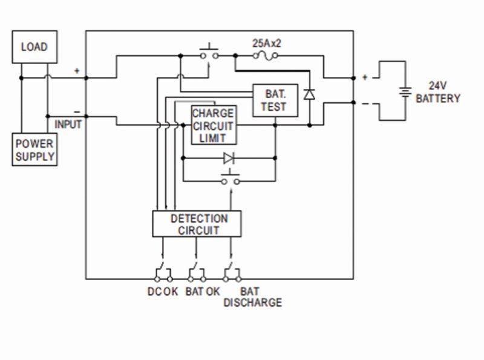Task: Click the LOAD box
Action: coord(34,47)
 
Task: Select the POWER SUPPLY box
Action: coord(35,150)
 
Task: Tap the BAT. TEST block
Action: coord(275,100)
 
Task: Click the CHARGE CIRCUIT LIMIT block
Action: coord(213,125)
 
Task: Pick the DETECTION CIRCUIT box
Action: coord(197,224)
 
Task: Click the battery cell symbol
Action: coord(404,92)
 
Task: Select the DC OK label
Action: coord(163,291)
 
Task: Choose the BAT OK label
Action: coord(202,291)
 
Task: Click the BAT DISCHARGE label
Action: coord(252,296)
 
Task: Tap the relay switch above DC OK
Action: coord(163,272)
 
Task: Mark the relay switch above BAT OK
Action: coord(196,272)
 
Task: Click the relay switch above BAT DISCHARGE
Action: coord(231,272)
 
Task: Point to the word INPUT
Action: coord(68,124)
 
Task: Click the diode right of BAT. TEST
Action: coord(309,94)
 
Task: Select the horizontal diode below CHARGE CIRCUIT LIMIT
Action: coord(229,159)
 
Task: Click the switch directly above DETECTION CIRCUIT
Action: coord(230,180)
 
